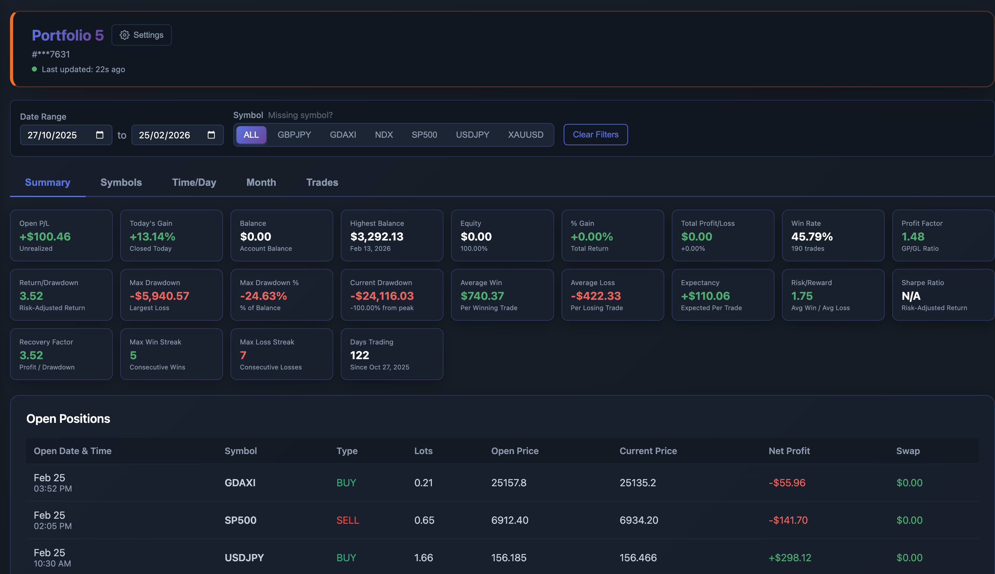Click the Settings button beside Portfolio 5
coord(141,35)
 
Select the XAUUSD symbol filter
coord(526,135)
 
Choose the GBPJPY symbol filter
coord(294,135)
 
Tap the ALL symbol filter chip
coord(251,135)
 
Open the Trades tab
coord(322,182)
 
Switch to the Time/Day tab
coord(194,182)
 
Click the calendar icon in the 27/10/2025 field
coord(100,135)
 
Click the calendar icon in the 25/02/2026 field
coord(211,135)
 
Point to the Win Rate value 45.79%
coord(812,236)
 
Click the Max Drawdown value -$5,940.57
coord(159,296)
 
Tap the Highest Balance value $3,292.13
coord(376,236)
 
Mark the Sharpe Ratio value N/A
coord(911,296)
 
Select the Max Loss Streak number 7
coord(243,355)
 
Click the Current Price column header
coord(648,451)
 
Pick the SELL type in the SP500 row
coord(348,520)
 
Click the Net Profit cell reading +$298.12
coord(790,557)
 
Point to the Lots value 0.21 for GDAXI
coord(423,482)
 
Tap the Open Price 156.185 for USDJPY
coord(508,557)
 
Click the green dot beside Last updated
coord(34,69)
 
